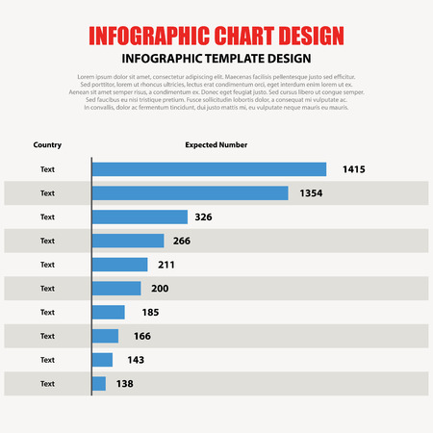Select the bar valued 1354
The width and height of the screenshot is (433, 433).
191,193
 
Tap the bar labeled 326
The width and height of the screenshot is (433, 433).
140,216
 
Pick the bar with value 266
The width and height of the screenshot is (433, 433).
128,241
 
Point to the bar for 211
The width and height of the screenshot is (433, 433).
120,265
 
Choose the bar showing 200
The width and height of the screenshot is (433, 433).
116,289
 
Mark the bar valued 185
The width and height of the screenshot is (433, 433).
109,312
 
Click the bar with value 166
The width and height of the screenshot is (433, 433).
105,336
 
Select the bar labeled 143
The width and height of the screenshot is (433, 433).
102,360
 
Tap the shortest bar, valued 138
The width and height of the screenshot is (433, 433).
99,384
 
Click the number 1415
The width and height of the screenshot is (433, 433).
353,169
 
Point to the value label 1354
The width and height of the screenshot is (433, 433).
310,193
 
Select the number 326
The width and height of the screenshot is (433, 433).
203,217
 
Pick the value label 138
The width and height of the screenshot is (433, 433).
124,384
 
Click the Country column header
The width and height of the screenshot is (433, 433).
47,145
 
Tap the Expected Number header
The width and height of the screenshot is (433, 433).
216,145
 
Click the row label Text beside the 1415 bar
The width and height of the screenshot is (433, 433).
47,169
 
